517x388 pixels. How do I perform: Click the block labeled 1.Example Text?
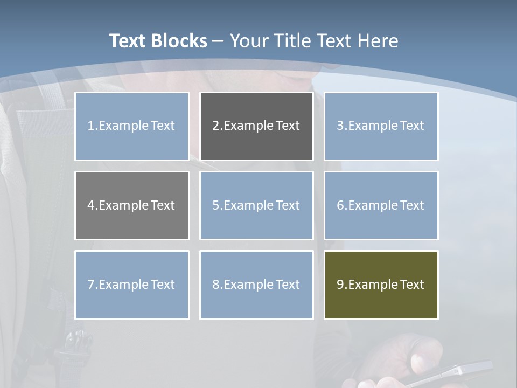tap(132, 126)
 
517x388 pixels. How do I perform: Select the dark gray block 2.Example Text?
tap(256, 126)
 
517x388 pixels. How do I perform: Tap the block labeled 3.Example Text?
tap(381, 126)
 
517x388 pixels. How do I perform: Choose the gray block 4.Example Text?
tap(132, 205)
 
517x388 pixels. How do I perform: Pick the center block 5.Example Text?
tap(256, 205)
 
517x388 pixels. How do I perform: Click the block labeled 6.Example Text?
tap(381, 205)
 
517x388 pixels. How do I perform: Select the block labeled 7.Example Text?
tap(132, 285)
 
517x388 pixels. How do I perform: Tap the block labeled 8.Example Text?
tap(256, 285)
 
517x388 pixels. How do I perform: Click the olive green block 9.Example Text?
tap(381, 285)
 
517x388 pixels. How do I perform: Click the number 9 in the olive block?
tap(340, 285)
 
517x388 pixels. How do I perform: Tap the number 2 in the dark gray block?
tap(215, 126)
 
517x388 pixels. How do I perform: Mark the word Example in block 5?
tap(248, 205)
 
